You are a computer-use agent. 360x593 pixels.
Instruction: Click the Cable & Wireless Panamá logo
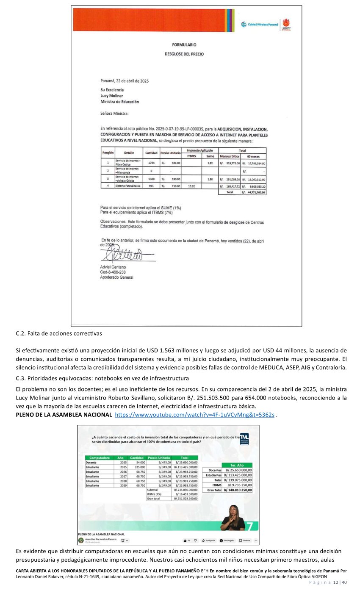(x=260, y=25)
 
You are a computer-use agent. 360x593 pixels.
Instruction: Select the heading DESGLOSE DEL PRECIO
(x=184, y=54)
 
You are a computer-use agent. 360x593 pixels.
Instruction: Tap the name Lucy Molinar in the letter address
(x=112, y=96)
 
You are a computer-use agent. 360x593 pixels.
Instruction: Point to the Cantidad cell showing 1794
(x=151, y=163)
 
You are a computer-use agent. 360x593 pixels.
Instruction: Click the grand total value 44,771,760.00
(x=254, y=192)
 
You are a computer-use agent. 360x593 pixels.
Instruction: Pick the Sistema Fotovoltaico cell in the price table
(x=127, y=186)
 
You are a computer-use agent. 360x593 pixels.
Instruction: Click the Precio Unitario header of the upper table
(x=170, y=152)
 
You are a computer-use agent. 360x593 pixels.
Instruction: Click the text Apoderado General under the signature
(x=116, y=277)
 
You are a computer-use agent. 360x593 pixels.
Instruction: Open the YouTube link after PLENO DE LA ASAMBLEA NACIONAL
(x=194, y=415)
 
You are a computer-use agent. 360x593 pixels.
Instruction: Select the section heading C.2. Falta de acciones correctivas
(x=59, y=333)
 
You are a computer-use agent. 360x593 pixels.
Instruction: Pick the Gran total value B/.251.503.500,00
(x=185, y=499)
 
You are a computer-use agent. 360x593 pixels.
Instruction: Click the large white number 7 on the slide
(x=250, y=526)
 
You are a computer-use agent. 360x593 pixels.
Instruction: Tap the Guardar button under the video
(x=244, y=540)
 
